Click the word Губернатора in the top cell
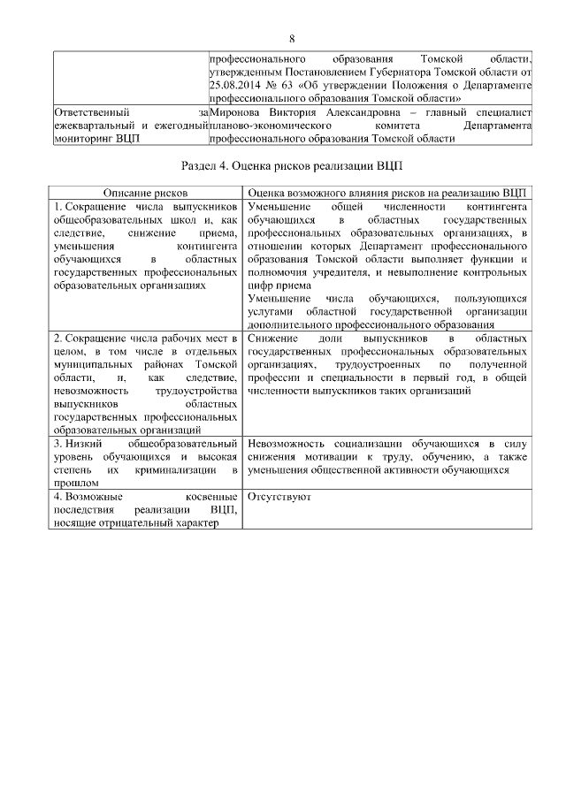coord(381,71)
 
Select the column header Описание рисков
coord(145,192)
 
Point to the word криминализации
coord(177,470)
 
